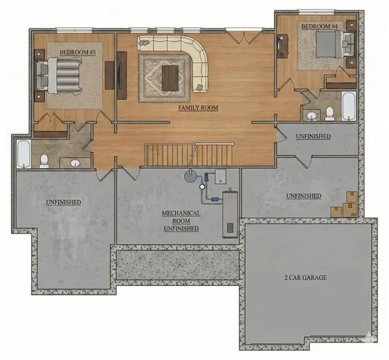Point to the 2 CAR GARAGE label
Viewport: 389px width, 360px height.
305,278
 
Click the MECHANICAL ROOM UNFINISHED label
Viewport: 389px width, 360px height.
181,221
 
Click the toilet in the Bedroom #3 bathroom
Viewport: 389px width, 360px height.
44,160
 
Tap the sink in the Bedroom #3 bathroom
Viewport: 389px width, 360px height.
76,162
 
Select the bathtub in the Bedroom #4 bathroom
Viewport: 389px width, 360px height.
349,106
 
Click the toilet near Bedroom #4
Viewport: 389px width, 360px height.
329,113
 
